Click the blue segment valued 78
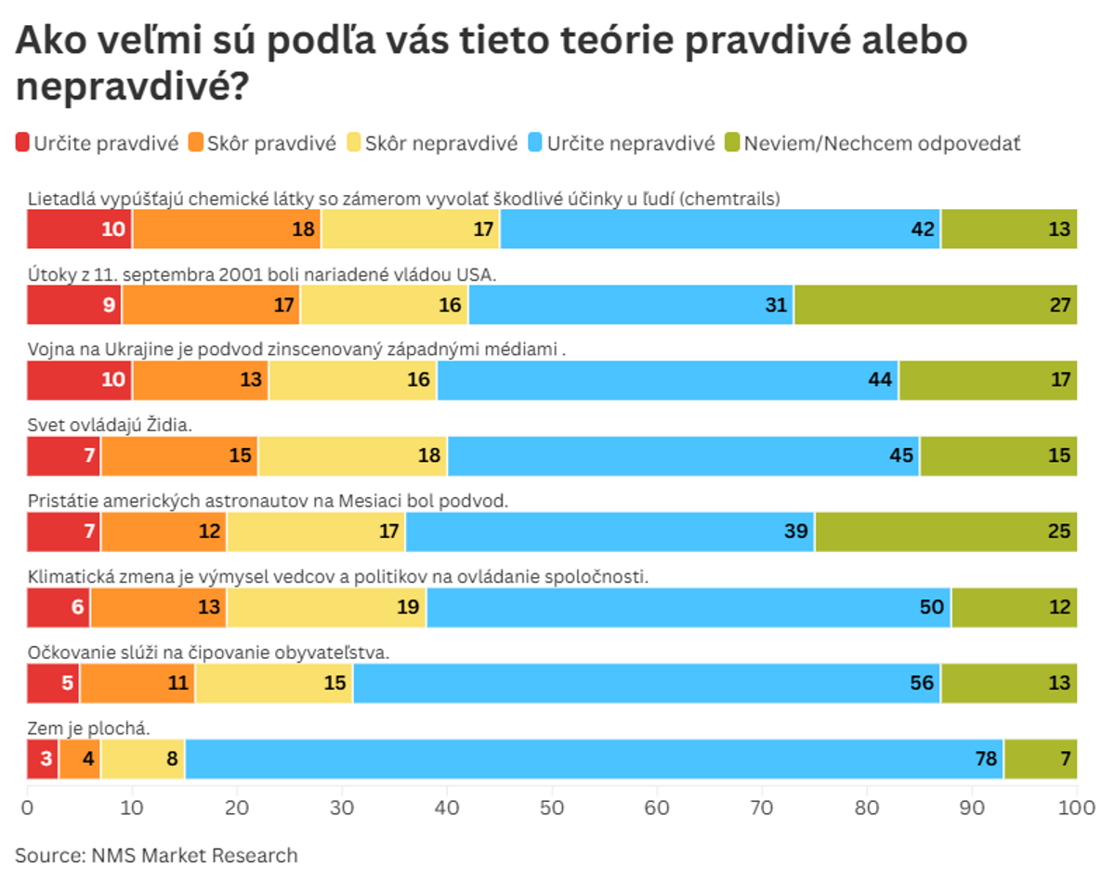pos(595,759)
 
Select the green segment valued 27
pos(935,305)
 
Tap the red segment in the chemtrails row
pos(79,230)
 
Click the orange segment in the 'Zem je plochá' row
pos(79,759)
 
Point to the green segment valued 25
pos(946,532)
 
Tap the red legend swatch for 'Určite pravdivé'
pos(22,143)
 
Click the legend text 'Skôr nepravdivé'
pos(440,143)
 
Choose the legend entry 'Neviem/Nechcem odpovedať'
pos(882,143)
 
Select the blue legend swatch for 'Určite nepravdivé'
pos(534,143)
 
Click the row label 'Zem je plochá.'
pos(88,728)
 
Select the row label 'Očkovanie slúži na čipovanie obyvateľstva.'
pos(208,652)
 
